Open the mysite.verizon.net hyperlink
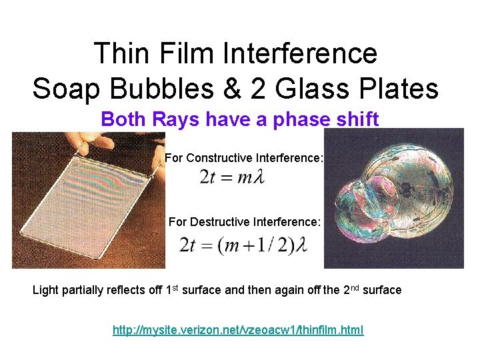(238, 330)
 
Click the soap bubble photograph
(393, 198)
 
